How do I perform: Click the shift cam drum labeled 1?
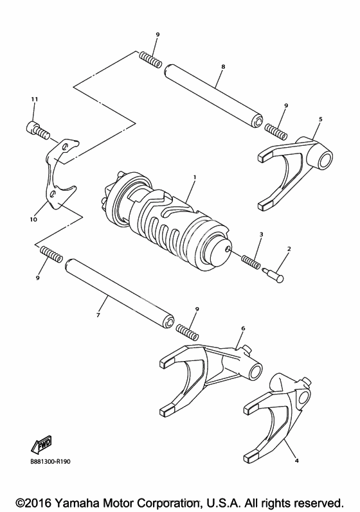tap(166, 219)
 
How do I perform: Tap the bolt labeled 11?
tap(37, 130)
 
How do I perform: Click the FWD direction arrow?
tap(42, 445)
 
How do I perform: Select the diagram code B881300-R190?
tap(50, 461)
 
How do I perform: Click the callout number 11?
tap(35, 99)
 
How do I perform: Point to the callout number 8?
tap(223, 67)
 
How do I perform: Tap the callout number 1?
tap(195, 177)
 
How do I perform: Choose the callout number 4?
tap(296, 461)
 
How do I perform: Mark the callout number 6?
tap(243, 328)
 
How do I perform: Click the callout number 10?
tap(33, 220)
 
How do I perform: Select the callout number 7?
tap(98, 315)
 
